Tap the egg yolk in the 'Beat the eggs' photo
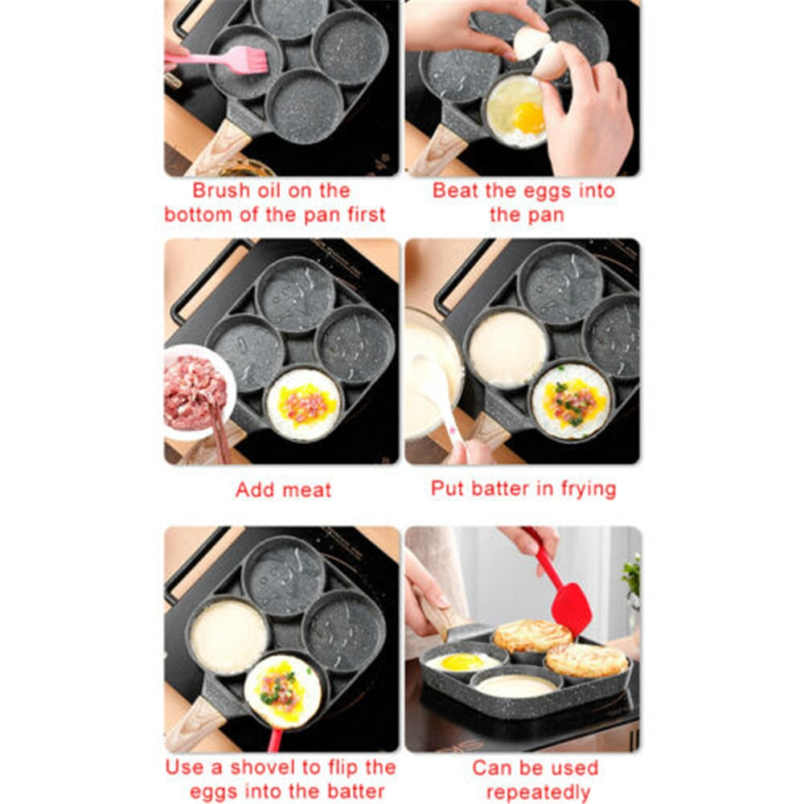click(528, 118)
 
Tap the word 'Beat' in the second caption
click(456, 191)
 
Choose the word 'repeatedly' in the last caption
click(538, 791)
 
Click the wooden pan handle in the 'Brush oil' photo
click(217, 149)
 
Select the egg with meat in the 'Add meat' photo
click(303, 404)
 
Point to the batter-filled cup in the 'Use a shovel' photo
click(228, 636)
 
